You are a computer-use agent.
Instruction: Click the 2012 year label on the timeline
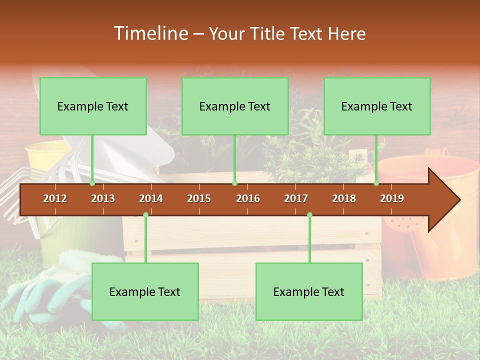(55, 198)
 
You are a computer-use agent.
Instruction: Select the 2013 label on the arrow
(103, 198)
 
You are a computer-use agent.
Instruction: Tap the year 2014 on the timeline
(151, 198)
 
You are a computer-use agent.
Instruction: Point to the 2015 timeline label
(199, 198)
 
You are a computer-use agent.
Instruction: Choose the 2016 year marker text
(248, 198)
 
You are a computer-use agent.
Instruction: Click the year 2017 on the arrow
(296, 198)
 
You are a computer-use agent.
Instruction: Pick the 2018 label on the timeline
(344, 198)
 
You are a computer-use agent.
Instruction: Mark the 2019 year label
(392, 198)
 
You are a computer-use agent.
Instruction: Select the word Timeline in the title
(150, 33)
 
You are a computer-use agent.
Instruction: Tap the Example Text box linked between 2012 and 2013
(93, 106)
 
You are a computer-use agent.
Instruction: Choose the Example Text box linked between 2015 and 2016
(235, 106)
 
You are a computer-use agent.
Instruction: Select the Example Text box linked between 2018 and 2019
(377, 106)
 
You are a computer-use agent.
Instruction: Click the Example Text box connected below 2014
(145, 292)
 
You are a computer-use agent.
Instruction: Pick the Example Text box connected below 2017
(309, 292)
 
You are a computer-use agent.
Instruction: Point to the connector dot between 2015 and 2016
(234, 183)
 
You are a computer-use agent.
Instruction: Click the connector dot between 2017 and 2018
(309, 214)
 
